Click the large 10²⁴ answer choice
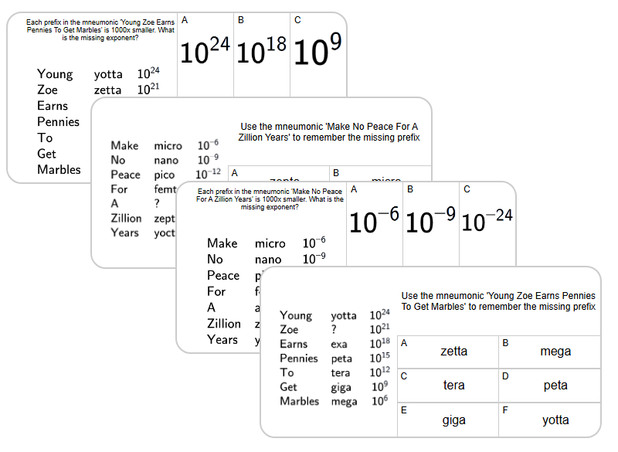[x=205, y=52]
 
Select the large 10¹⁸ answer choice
[x=262, y=52]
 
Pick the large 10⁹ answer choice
[x=318, y=52]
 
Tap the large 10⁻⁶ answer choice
[x=375, y=222]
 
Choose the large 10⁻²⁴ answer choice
[x=487, y=222]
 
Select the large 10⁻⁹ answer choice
[x=431, y=222]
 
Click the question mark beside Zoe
[x=334, y=330]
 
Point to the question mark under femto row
[x=157, y=204]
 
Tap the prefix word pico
[x=164, y=175]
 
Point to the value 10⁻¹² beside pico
[x=209, y=174]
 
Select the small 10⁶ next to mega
[x=379, y=400]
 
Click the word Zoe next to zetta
[x=48, y=90]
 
